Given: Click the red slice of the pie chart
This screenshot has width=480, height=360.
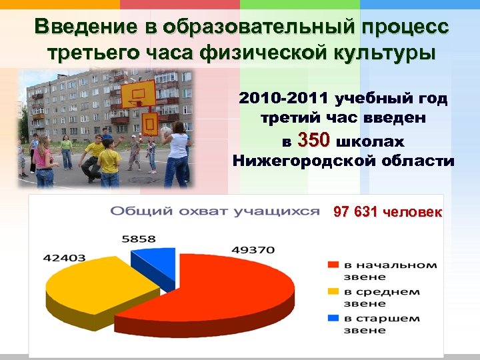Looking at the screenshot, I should point(227,287).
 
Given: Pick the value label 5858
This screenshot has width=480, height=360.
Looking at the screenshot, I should point(139,239).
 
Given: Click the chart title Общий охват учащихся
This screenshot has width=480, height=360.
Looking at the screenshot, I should point(215,211).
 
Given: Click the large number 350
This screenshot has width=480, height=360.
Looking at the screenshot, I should point(314,141).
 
